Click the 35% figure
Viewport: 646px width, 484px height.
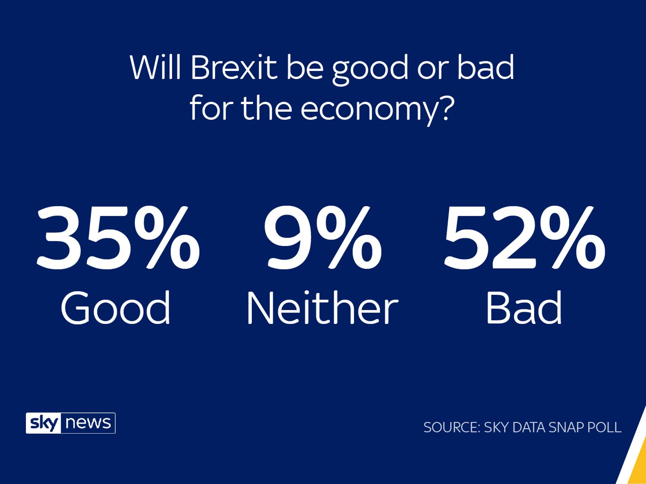tap(118, 239)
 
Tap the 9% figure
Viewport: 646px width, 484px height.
tap(322, 239)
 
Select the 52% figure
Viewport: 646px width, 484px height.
tap(524, 239)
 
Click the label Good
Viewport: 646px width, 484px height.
tap(115, 308)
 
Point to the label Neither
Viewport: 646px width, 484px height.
tap(322, 308)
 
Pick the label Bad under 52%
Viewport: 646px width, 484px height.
tap(524, 308)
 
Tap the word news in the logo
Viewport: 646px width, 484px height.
tap(88, 423)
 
